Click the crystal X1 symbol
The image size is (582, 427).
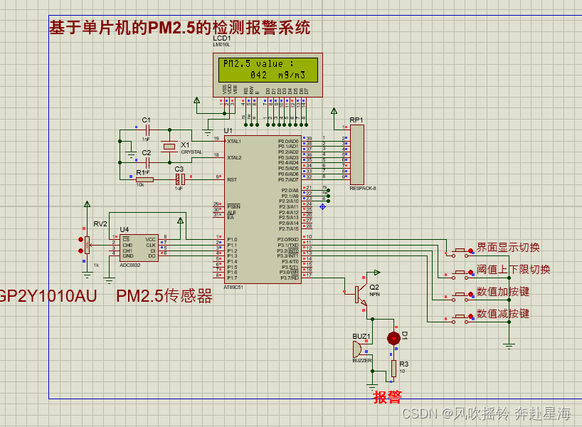pos(169,147)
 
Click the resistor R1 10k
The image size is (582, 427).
pos(144,179)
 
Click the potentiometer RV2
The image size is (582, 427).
pos(87,244)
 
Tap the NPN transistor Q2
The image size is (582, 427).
pos(361,290)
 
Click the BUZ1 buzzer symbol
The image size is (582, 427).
pos(358,349)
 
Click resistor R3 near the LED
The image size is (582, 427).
pos(393,368)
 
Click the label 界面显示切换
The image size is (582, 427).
pos(508,248)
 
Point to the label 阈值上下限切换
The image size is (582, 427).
pos(513,270)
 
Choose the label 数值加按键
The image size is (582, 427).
pos(503,292)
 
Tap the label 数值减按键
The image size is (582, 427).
pos(503,314)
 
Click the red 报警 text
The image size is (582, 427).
pos(388,397)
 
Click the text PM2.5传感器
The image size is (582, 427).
pos(164,297)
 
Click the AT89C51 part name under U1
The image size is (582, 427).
pos(235,287)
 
